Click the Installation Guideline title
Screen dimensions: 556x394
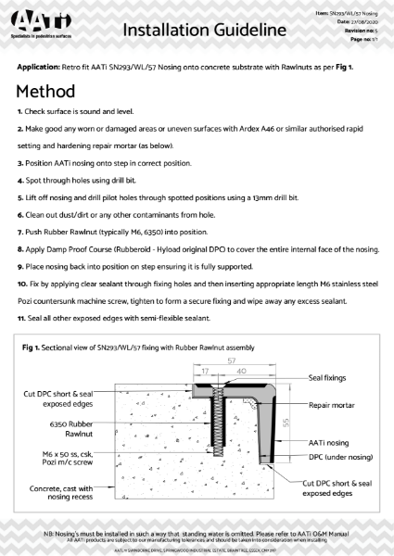pos(203,31)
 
